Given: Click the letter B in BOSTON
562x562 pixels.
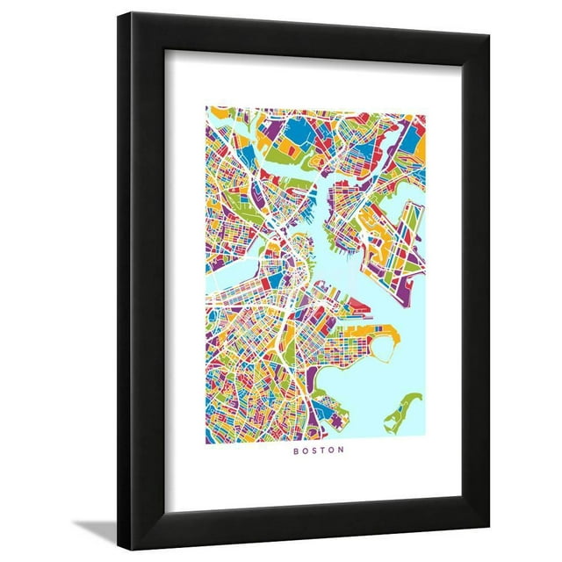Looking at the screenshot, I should (x=295, y=451).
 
